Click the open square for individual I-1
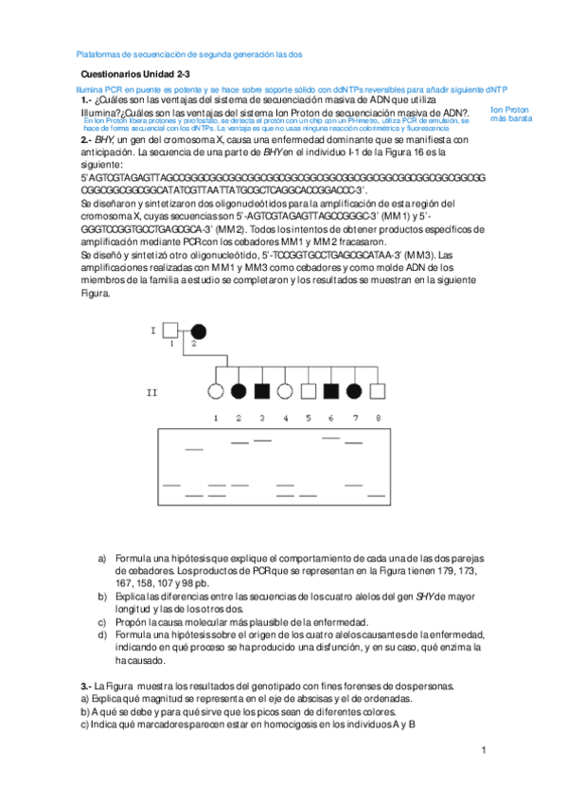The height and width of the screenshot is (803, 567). (x=171, y=330)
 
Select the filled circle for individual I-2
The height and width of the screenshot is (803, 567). (x=200, y=330)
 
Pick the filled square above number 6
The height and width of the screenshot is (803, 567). (x=331, y=389)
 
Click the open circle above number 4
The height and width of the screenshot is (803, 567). (x=286, y=389)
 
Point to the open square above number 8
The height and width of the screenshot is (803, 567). (x=378, y=389)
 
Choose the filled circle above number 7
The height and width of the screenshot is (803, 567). (x=354, y=389)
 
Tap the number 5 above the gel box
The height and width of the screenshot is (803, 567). (x=309, y=418)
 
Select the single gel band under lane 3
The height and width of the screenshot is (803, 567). (x=262, y=440)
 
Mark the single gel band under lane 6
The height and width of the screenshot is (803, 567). (x=331, y=437)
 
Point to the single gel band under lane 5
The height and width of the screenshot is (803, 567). (x=309, y=495)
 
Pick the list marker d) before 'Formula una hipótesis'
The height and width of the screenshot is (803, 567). (x=103, y=634)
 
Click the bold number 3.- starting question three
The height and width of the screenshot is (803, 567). (x=84, y=685)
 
